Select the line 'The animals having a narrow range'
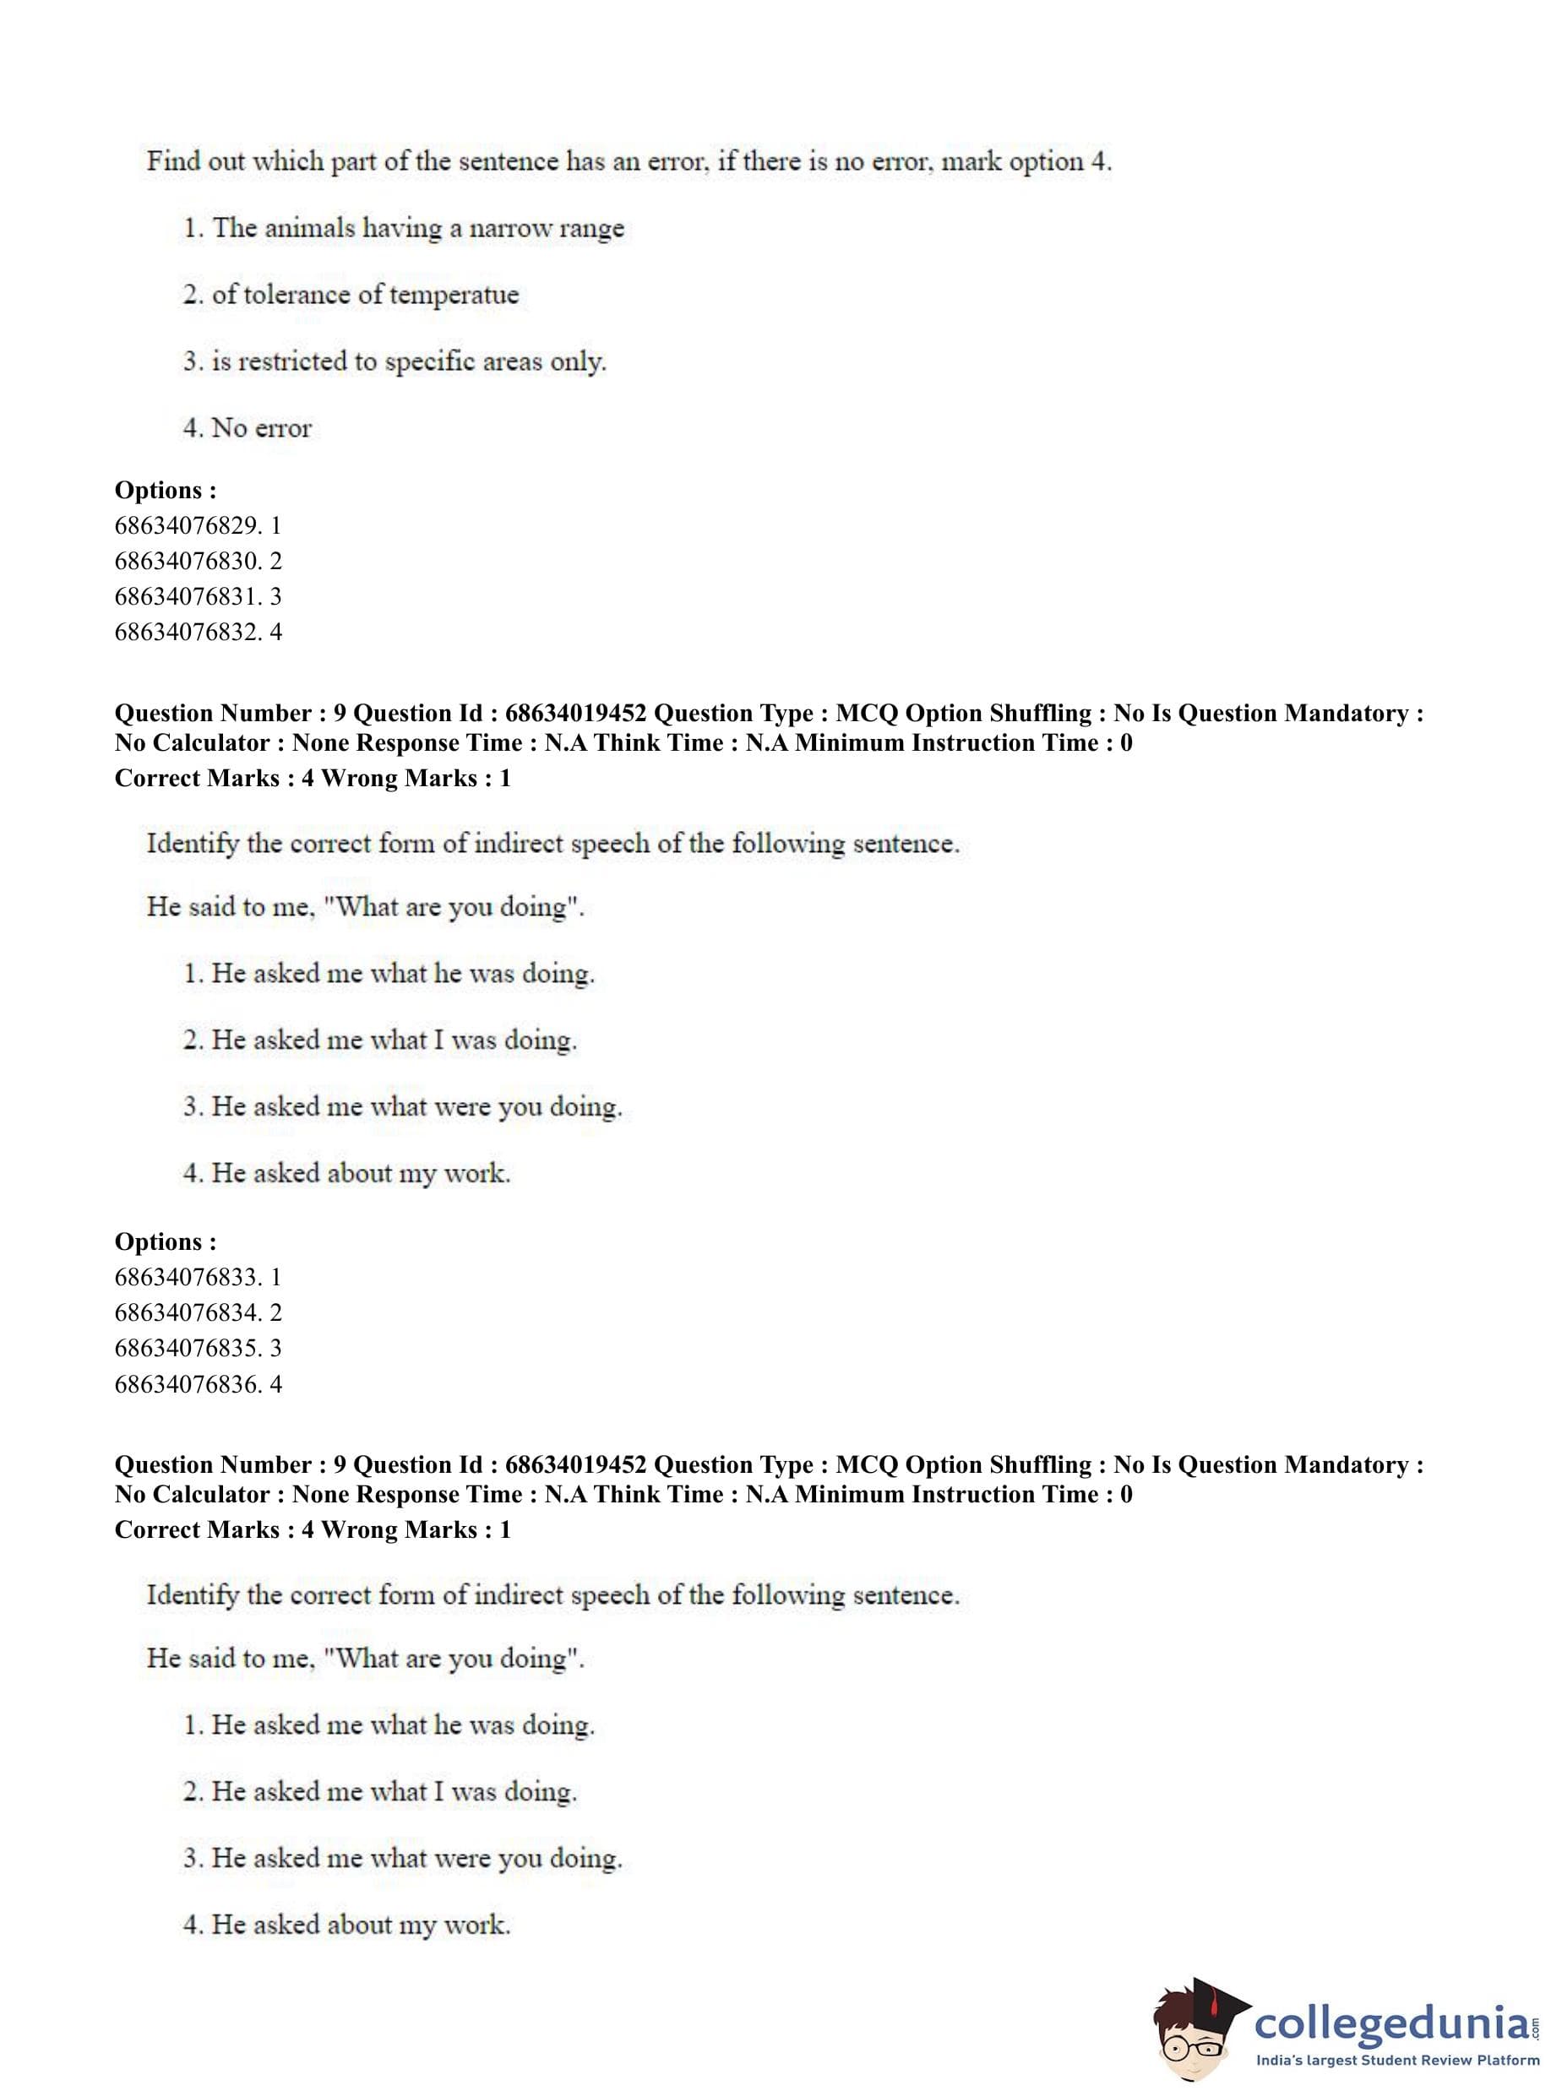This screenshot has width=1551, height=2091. (404, 228)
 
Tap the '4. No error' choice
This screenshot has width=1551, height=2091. (247, 428)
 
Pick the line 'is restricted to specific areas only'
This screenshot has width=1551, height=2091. (395, 361)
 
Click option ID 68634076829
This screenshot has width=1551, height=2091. (197, 525)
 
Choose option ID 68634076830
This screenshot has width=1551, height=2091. (197, 562)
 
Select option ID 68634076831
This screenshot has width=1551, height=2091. (197, 597)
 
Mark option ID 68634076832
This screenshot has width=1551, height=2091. (197, 632)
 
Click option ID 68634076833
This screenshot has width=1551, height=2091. (197, 1277)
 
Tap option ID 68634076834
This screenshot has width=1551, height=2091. (197, 1313)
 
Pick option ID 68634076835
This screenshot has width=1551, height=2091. (197, 1349)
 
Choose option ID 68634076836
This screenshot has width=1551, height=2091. (197, 1384)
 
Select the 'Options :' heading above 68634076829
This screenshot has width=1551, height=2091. (166, 490)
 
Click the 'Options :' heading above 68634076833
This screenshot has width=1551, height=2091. (166, 1241)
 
